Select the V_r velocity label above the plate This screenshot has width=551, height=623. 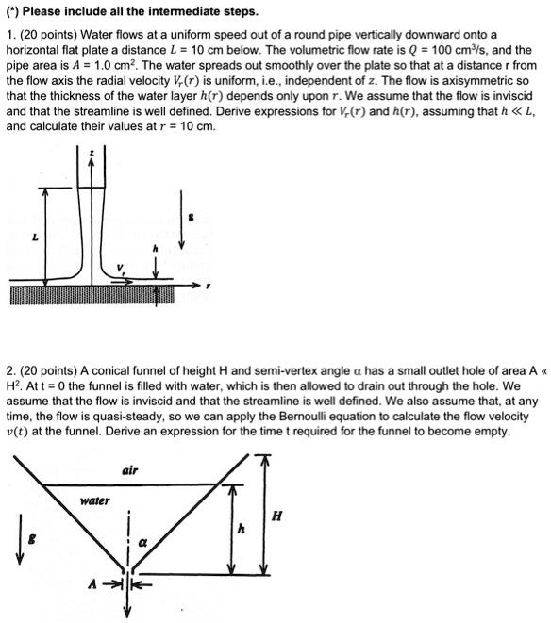(120, 267)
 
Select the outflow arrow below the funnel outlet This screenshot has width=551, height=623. (128, 603)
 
